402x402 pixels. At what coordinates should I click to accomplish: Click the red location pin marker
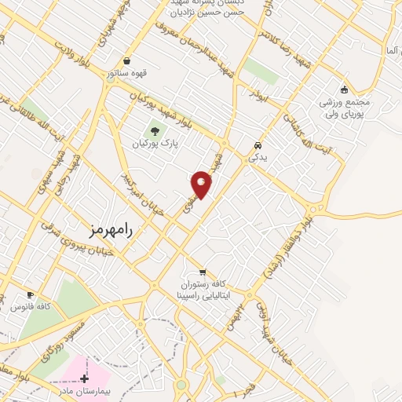point(202,184)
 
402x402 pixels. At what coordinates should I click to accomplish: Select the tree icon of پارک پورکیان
point(153,130)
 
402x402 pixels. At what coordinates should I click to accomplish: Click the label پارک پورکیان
point(154,144)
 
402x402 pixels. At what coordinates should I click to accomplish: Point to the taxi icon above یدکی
point(258,145)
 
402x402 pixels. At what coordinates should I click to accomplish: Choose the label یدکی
point(258,158)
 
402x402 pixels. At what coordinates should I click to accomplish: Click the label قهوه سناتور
point(128,73)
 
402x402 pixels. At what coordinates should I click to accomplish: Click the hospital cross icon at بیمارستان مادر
point(84,378)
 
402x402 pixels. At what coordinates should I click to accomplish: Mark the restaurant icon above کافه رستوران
point(203,271)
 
